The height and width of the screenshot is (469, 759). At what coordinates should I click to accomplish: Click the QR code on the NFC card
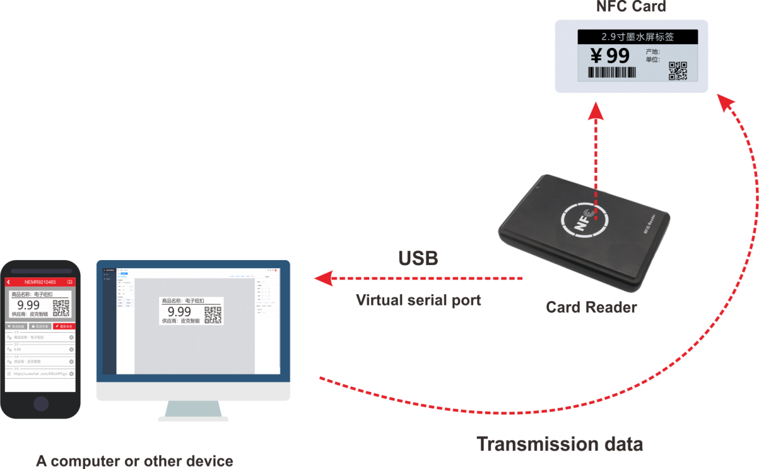[678, 71]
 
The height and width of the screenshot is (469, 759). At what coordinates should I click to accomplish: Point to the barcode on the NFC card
[613, 72]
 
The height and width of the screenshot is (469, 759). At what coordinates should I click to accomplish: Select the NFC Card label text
[631, 7]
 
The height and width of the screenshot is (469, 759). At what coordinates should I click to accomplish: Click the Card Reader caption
[591, 307]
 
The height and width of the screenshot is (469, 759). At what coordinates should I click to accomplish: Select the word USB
[418, 259]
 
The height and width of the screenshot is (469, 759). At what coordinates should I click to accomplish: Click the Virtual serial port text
[418, 300]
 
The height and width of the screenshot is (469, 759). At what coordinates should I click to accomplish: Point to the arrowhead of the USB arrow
[322, 278]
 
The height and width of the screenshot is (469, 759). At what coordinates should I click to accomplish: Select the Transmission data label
[559, 444]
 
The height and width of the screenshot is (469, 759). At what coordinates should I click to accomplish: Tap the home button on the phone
[41, 403]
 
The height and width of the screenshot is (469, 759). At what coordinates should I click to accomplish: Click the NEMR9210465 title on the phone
[40, 282]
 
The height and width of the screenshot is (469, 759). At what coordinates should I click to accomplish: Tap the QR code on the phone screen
[61, 308]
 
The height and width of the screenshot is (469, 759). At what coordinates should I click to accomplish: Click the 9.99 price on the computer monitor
[180, 312]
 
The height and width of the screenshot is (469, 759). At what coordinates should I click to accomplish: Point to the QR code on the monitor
[213, 315]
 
